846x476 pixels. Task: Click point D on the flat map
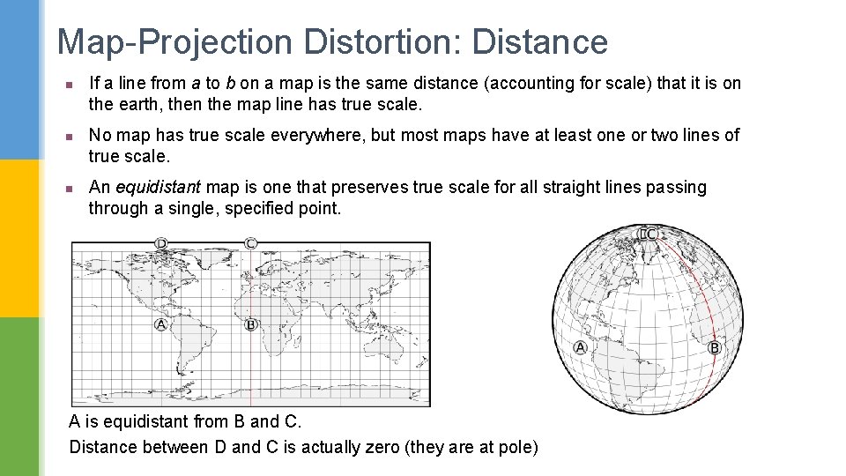click(161, 243)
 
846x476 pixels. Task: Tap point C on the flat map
click(251, 243)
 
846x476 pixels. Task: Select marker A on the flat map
click(160, 325)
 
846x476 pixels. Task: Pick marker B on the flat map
click(250, 325)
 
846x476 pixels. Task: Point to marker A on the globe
click(580, 348)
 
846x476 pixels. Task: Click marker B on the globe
click(715, 348)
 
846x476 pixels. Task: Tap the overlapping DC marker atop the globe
click(649, 234)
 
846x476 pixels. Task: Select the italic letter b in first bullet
click(230, 83)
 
